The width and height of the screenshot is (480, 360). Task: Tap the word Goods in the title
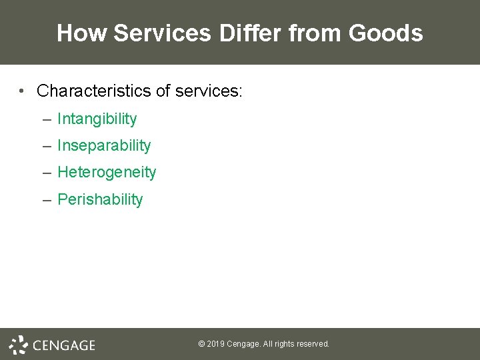pyautogui.click(x=389, y=33)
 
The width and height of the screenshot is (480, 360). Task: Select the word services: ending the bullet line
pyautogui.click(x=209, y=91)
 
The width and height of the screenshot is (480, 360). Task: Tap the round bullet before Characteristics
pyautogui.click(x=23, y=91)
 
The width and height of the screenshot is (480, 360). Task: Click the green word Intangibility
pyautogui.click(x=97, y=119)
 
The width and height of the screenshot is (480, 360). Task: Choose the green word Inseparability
pyautogui.click(x=104, y=146)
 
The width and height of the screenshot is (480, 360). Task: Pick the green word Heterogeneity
pyautogui.click(x=107, y=173)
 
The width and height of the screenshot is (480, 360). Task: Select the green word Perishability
pyautogui.click(x=100, y=199)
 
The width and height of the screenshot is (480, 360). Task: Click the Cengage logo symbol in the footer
pyautogui.click(x=18, y=345)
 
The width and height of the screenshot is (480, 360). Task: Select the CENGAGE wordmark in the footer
pyautogui.click(x=64, y=345)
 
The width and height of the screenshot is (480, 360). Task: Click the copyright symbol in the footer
pyautogui.click(x=201, y=344)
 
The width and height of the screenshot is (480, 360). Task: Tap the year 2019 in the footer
pyautogui.click(x=215, y=344)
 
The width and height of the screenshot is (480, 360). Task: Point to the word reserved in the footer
pyautogui.click(x=313, y=344)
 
